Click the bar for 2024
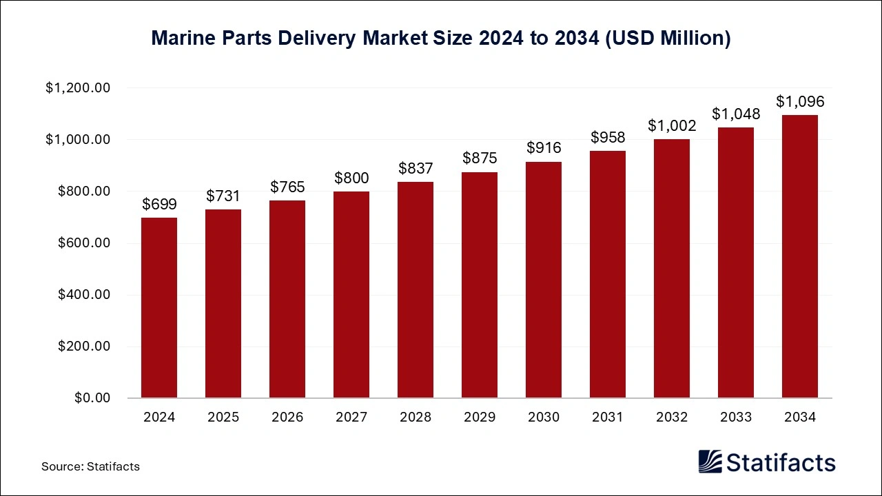point(159,308)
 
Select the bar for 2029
point(480,285)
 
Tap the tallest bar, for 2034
point(799,256)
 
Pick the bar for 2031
point(608,274)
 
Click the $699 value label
point(159,204)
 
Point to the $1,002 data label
point(672,125)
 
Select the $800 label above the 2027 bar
point(351,178)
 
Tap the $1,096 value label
point(799,102)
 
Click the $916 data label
point(544,147)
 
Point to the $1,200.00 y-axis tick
point(78,88)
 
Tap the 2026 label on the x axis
point(287,417)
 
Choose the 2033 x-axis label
point(736,417)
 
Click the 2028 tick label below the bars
point(416,417)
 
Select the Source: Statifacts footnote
point(90,466)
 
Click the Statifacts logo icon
point(710,462)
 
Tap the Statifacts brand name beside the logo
point(781,462)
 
